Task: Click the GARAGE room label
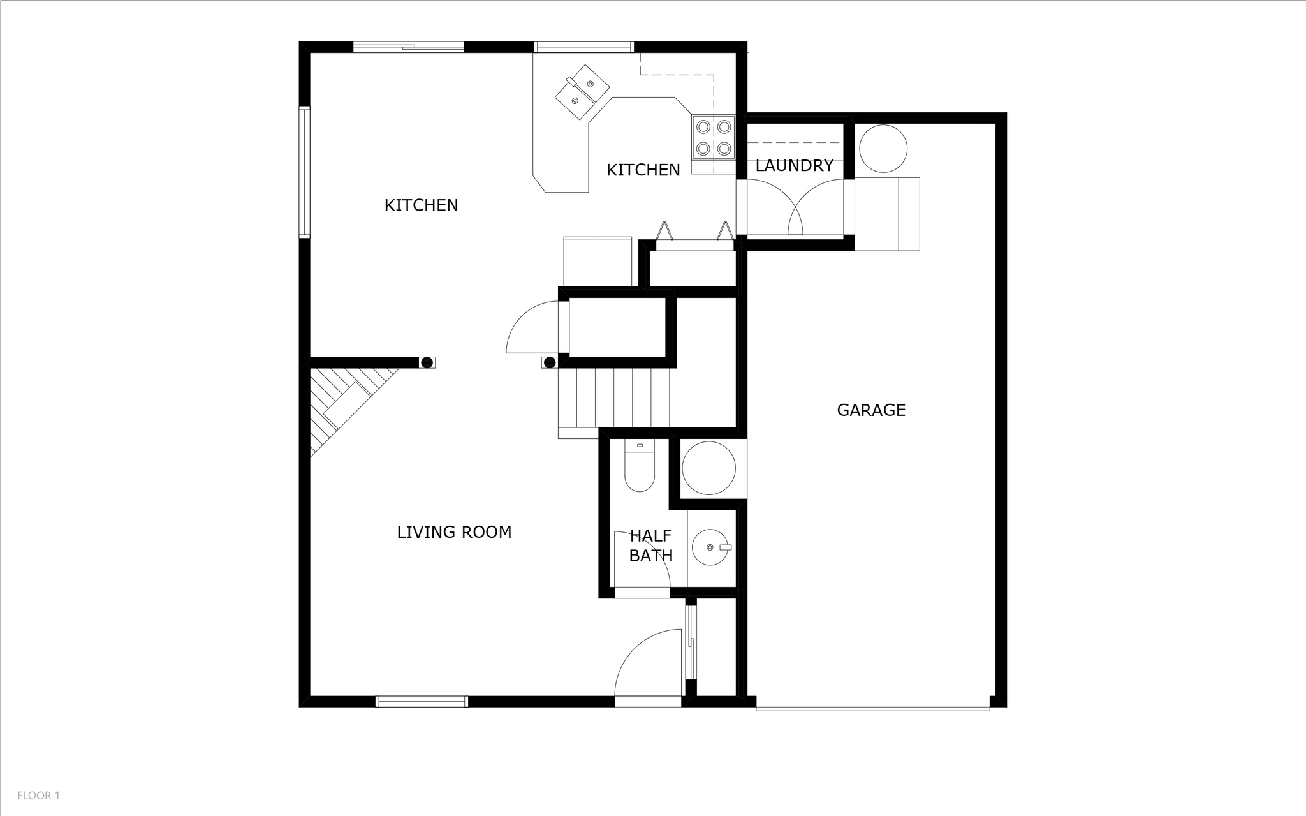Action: coord(871,410)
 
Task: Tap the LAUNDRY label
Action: coord(794,166)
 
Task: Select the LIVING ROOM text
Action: coord(454,532)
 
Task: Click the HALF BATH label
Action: coord(651,545)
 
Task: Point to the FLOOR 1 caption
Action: coord(38,796)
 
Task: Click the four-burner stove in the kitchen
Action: coord(714,138)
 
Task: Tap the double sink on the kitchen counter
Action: coord(582,92)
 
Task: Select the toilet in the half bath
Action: coord(640,466)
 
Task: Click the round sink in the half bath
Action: coord(710,547)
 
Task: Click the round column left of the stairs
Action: coord(550,363)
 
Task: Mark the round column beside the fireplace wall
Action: coord(427,362)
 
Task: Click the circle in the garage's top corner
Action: coord(883,149)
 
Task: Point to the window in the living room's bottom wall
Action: coord(422,702)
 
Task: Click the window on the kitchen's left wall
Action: coord(304,172)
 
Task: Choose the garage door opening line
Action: coord(873,709)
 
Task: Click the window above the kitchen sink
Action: coord(583,47)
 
